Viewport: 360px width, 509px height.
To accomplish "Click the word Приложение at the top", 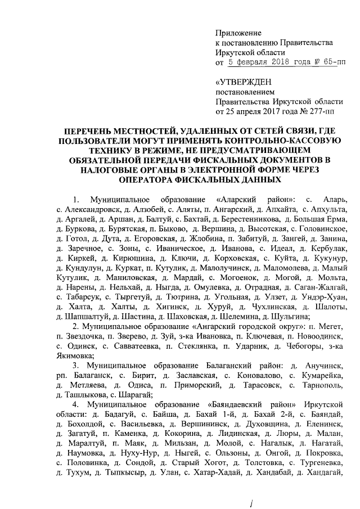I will point(239,33).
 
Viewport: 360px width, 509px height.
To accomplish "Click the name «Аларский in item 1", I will point(236,200).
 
